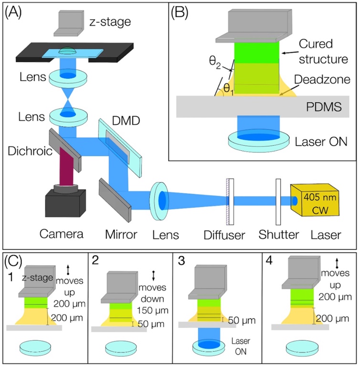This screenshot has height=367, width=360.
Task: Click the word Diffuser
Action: click(x=227, y=235)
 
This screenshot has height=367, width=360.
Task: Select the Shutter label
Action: click(x=278, y=235)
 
